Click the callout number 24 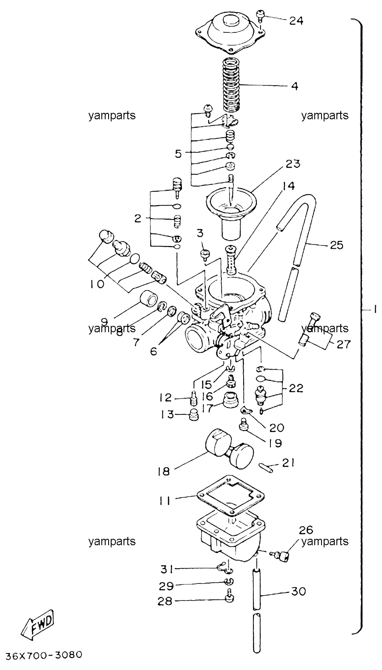point(296,20)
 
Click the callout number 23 point(293,164)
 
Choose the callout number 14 point(288,186)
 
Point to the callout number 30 point(298,591)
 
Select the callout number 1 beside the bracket point(374,310)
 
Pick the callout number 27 point(343,344)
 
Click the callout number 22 point(296,388)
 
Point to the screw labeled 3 point(206,255)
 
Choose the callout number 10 point(97,284)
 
